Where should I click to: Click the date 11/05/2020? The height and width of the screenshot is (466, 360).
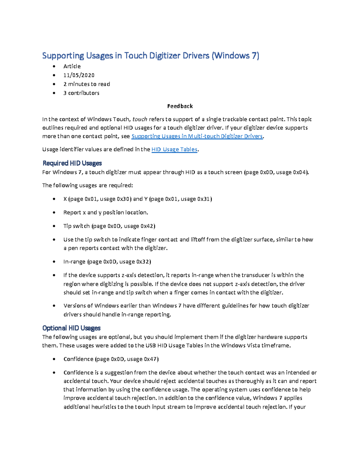click(79, 75)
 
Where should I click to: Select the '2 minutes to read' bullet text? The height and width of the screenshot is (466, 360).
click(87, 84)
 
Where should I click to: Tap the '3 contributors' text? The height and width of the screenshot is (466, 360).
click(81, 93)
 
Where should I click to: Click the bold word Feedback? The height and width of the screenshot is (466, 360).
click(180, 106)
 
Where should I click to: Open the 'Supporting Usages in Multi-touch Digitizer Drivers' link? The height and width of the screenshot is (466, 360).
click(197, 136)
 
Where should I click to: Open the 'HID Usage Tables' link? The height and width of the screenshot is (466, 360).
click(174, 149)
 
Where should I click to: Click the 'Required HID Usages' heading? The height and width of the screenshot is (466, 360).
click(72, 163)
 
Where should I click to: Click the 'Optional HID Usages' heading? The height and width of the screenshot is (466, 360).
click(71, 328)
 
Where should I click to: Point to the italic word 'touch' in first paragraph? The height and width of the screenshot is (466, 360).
click(140, 119)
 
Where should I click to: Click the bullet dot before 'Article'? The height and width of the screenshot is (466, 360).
click(54, 66)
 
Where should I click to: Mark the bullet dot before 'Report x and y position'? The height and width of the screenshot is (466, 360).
click(54, 212)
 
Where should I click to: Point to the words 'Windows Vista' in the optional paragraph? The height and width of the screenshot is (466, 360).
click(240, 346)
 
